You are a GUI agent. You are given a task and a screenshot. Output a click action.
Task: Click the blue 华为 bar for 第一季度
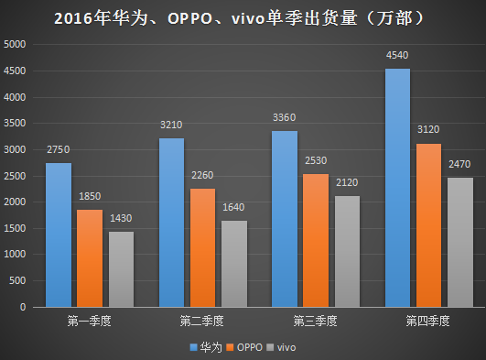click(x=58, y=235)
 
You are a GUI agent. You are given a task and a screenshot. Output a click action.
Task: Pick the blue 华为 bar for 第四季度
click(x=397, y=188)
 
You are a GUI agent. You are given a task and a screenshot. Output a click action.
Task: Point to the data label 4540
click(x=397, y=56)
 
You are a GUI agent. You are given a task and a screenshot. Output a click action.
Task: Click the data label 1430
click(x=121, y=219)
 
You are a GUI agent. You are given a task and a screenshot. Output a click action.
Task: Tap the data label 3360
click(x=284, y=118)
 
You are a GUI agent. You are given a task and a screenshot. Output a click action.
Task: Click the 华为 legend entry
click(x=209, y=347)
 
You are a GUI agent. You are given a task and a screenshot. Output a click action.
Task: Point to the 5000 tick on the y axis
click(x=16, y=44)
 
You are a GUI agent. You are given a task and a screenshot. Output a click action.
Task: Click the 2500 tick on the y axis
click(x=16, y=176)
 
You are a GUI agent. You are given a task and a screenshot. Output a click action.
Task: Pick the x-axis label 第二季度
click(x=201, y=322)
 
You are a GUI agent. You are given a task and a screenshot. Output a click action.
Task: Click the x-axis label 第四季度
click(x=428, y=322)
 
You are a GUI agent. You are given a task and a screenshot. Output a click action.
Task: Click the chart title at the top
click(x=243, y=18)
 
